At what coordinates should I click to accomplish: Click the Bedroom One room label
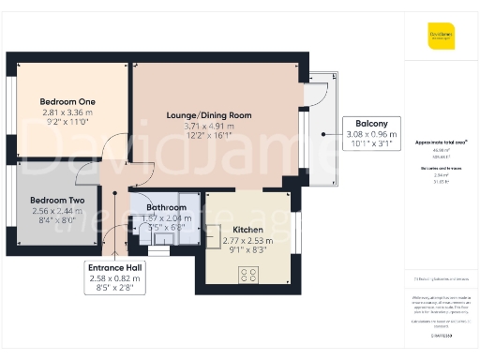67,101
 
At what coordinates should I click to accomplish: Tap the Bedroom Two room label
57,201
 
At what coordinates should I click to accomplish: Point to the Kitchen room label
247,230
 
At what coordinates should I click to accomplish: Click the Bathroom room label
166,207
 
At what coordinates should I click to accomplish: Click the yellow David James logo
441,38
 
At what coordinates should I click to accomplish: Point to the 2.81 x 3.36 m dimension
67,112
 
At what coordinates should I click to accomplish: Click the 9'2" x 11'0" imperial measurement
67,123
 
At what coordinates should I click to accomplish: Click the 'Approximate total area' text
441,142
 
